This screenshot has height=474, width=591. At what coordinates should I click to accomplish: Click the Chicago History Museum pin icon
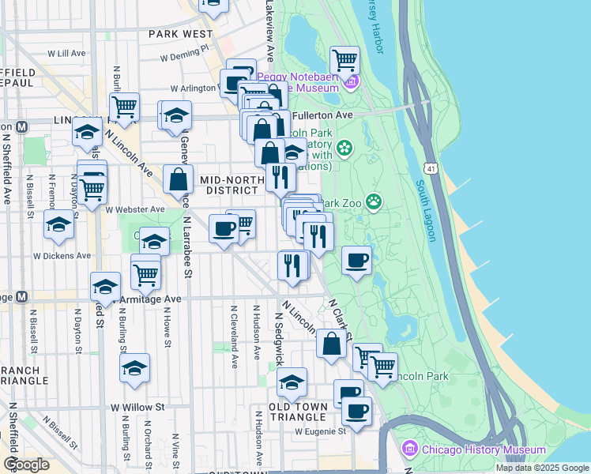410,450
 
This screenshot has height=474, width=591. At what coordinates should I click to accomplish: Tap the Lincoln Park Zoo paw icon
374,203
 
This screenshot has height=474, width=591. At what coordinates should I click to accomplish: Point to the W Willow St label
137,408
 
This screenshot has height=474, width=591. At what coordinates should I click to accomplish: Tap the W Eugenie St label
320,432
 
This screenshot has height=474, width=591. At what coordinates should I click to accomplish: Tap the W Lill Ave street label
66,53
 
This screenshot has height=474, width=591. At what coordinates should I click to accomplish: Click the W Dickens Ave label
62,256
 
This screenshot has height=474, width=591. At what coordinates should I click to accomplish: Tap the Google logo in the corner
25,465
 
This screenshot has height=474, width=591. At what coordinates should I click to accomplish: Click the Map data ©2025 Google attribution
541,468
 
